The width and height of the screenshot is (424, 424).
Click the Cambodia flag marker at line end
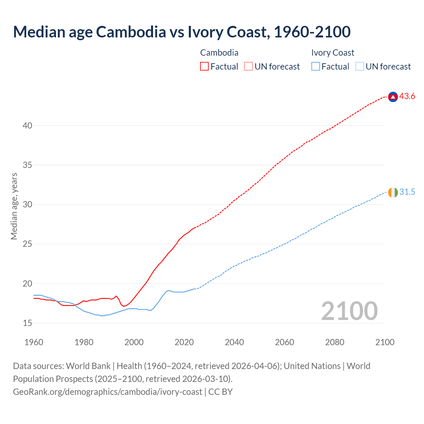(x=393, y=97)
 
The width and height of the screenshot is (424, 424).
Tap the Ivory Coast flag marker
(x=393, y=192)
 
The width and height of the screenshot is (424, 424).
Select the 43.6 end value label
(x=407, y=96)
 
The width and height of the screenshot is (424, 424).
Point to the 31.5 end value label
(x=407, y=192)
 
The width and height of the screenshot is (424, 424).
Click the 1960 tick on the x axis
(x=34, y=342)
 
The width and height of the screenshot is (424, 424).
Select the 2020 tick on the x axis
(x=184, y=342)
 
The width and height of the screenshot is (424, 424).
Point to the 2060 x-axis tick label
(x=285, y=342)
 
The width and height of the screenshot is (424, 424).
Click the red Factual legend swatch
(x=204, y=67)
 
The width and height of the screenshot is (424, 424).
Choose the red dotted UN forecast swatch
(x=248, y=67)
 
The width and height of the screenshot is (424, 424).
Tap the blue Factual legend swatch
(x=315, y=67)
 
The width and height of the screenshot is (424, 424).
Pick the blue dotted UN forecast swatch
(x=359, y=67)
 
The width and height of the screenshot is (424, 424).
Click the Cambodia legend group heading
(x=219, y=53)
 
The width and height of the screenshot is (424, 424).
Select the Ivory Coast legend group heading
(x=333, y=53)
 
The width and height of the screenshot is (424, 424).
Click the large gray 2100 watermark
(x=349, y=311)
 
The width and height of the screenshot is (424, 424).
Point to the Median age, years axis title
(x=14, y=206)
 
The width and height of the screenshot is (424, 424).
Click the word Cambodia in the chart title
(x=131, y=32)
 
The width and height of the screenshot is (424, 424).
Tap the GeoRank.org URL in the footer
(x=107, y=392)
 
